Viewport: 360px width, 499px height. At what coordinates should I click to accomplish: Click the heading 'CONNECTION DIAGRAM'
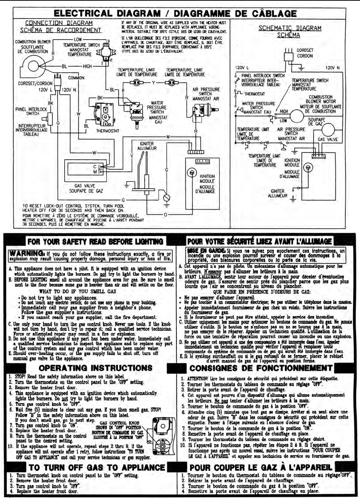[x=59, y=23]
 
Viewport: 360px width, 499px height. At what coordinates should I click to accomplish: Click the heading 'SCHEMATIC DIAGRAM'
[x=290, y=28]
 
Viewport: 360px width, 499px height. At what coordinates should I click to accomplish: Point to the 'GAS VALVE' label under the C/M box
[x=85, y=186]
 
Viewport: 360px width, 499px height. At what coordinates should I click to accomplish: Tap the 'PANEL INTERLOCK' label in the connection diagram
[x=31, y=109]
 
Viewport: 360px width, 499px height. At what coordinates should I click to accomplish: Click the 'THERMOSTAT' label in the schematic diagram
[x=254, y=94]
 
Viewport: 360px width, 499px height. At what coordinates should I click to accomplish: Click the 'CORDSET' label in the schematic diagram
[x=305, y=50]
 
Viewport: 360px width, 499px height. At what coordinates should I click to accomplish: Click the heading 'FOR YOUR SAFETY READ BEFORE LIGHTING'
[x=95, y=241]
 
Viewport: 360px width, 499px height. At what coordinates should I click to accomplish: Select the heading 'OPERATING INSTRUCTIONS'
[x=95, y=368]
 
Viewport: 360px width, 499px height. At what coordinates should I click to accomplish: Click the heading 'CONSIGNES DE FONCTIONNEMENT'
[x=261, y=368]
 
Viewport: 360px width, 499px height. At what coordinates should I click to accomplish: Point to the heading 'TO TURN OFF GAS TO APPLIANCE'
[x=96, y=468]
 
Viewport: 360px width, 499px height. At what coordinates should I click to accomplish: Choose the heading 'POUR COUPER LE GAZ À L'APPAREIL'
[x=261, y=468]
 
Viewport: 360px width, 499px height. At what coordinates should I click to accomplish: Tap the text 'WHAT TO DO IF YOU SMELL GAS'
[x=77, y=291]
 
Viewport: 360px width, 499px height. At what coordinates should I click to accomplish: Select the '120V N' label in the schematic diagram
[x=332, y=68]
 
